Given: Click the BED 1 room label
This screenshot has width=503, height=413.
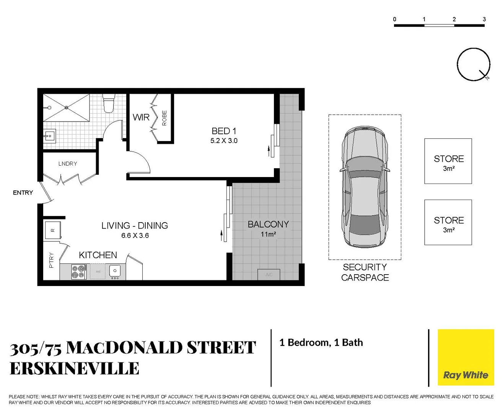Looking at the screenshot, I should point(224,131).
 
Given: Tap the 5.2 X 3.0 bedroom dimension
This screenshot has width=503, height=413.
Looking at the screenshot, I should point(224,141).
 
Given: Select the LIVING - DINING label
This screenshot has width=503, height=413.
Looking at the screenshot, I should point(135,226).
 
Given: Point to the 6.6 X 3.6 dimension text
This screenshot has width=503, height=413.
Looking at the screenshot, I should point(135,236).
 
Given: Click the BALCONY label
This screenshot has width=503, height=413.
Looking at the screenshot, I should point(268,224).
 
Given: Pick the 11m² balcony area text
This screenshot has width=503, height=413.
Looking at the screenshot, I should point(268,234).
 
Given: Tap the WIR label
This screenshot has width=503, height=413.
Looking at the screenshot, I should point(141,117).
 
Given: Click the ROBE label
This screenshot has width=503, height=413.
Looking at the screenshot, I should point(164,118).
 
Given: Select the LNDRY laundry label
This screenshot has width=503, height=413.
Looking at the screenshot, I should point(68,164).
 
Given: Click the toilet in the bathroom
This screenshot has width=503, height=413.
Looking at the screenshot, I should point(109,104).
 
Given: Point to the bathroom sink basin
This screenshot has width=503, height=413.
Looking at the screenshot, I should point(49,135).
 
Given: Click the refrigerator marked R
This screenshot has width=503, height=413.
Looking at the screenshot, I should point(53,230).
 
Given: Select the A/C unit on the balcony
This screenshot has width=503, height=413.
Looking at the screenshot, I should point(269,275).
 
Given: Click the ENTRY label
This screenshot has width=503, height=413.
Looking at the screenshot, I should point(23,193).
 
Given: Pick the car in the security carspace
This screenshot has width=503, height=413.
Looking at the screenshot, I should point(365,187).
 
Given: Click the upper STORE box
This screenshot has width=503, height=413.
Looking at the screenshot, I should point(448,161).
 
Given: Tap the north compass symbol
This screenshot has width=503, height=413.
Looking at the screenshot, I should point(474,64).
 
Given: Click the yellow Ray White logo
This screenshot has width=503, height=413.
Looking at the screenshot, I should point(466,358).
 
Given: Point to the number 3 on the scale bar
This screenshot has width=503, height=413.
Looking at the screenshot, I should point(484,19).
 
